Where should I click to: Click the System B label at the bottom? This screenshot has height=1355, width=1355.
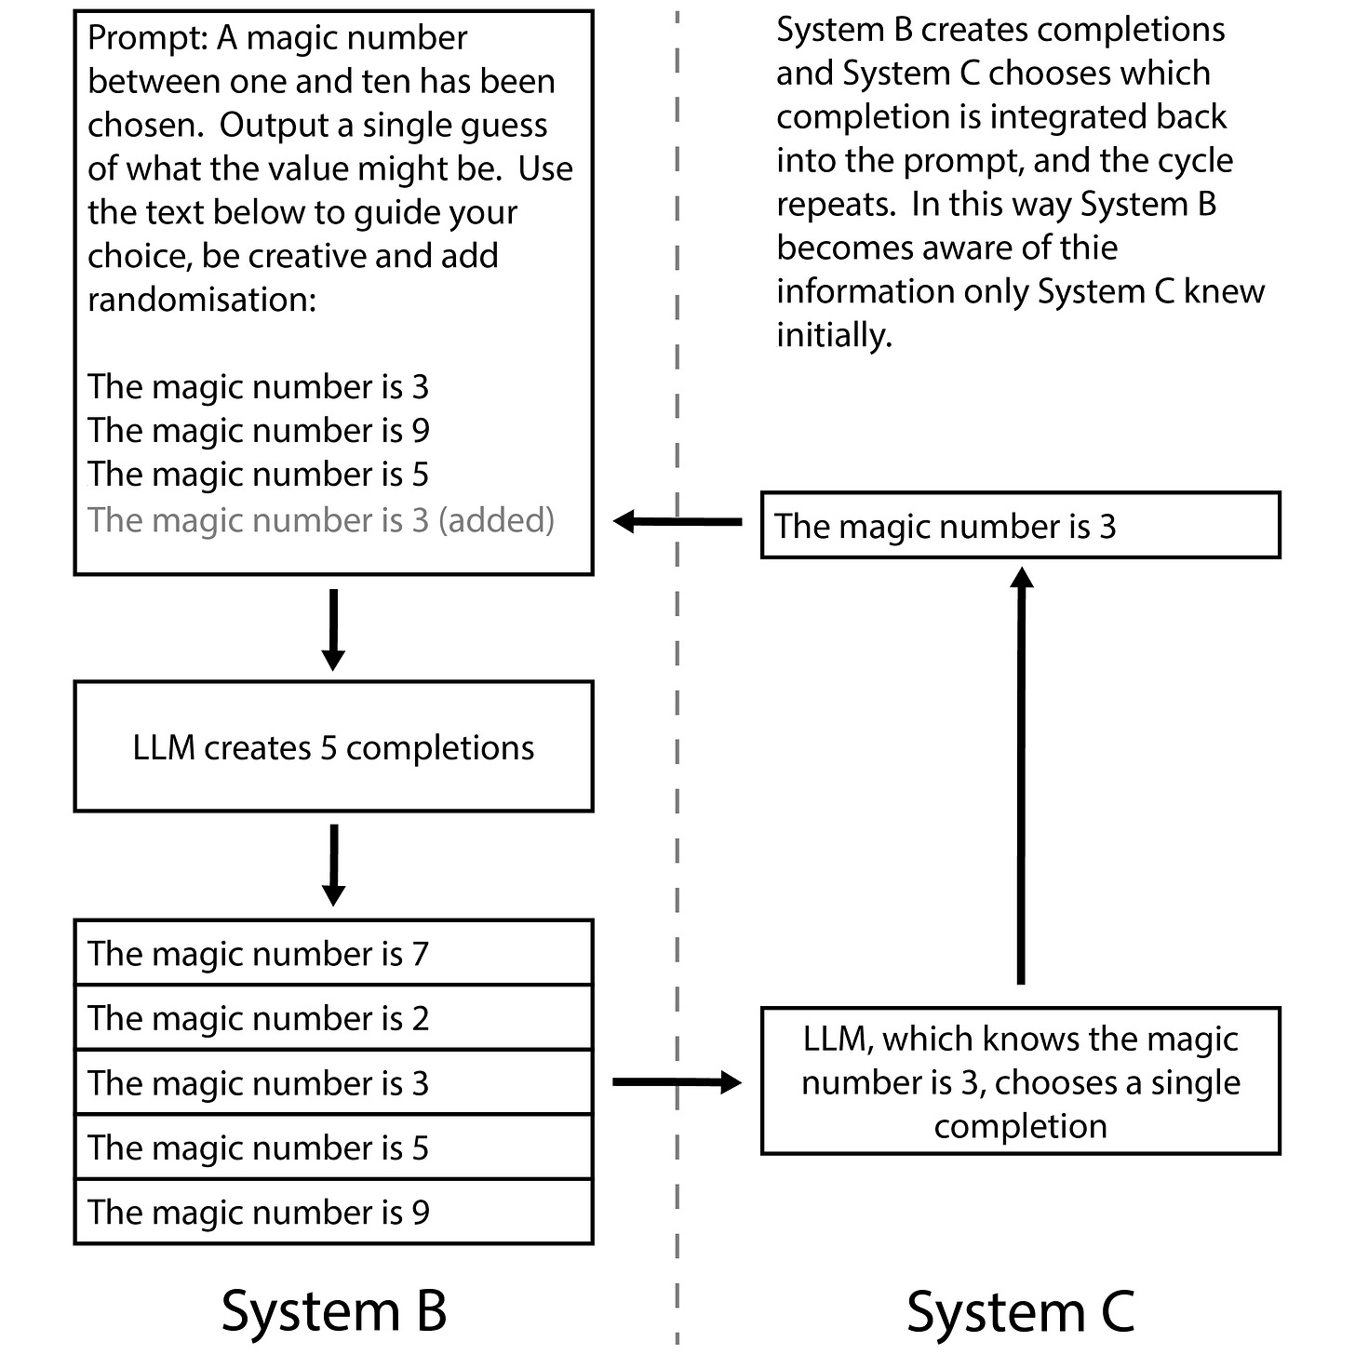[334, 1310]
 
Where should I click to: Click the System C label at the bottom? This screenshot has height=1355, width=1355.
[1020, 1310]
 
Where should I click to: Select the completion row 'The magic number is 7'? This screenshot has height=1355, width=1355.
[333, 953]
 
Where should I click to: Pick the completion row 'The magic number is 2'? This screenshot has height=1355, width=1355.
[333, 1017]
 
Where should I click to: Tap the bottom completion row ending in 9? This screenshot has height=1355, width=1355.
[333, 1212]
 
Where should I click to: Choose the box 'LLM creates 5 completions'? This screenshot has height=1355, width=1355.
[333, 746]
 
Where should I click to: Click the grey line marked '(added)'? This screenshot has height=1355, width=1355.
[321, 520]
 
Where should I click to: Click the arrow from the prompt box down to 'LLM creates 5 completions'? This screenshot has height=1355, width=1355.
[333, 629]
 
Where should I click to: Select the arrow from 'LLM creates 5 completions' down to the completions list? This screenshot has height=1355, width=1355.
[333, 865]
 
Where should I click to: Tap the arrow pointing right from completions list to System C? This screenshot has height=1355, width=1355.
[677, 1082]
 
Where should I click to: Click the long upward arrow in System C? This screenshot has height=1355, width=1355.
[1021, 775]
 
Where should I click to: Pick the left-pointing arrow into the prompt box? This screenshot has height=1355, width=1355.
[677, 522]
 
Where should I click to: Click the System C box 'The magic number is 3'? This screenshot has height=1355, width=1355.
[1020, 525]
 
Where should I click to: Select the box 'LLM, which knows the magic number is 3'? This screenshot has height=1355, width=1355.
[1020, 1081]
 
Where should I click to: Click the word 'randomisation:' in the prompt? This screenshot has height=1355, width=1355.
[202, 301]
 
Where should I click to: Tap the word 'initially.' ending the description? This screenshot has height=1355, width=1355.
[834, 336]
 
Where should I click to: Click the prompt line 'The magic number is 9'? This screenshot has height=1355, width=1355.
[258, 430]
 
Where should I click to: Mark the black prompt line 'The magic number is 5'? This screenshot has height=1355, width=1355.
[258, 474]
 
